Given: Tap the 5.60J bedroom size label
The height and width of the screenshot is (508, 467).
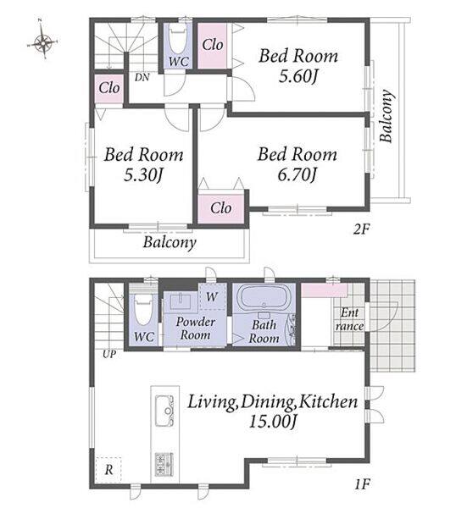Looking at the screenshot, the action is click(x=297, y=76).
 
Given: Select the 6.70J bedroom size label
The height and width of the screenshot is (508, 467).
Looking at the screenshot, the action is click(x=297, y=174).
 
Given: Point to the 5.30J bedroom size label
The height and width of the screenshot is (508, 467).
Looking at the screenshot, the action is click(x=142, y=175).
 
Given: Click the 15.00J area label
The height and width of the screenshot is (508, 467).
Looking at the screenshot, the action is click(x=273, y=422).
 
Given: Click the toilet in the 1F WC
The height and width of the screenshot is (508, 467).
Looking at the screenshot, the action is click(x=143, y=312).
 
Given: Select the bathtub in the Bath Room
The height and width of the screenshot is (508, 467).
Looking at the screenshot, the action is click(x=264, y=296).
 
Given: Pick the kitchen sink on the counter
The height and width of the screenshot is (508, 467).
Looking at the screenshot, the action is click(x=164, y=411).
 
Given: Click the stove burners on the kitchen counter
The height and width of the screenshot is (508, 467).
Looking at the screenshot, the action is click(x=164, y=465).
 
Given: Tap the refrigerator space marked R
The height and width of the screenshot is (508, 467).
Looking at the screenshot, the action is click(x=108, y=469).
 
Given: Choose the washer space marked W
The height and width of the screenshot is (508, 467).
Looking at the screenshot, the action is click(x=213, y=296).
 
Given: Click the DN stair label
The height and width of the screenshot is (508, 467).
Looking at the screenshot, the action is click(x=142, y=77).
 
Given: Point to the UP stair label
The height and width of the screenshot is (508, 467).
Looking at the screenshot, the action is click(x=109, y=354).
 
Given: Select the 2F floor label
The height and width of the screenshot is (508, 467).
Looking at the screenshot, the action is click(x=361, y=229).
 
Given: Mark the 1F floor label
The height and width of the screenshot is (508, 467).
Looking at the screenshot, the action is click(x=362, y=484).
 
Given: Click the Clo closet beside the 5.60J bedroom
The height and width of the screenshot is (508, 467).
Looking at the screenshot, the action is click(x=213, y=45).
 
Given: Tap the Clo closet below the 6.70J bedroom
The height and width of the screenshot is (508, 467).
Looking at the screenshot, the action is click(x=221, y=208).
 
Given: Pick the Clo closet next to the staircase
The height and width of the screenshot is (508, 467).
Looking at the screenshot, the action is click(x=109, y=88).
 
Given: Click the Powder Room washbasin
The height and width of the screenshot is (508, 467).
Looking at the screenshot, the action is click(x=181, y=302).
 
